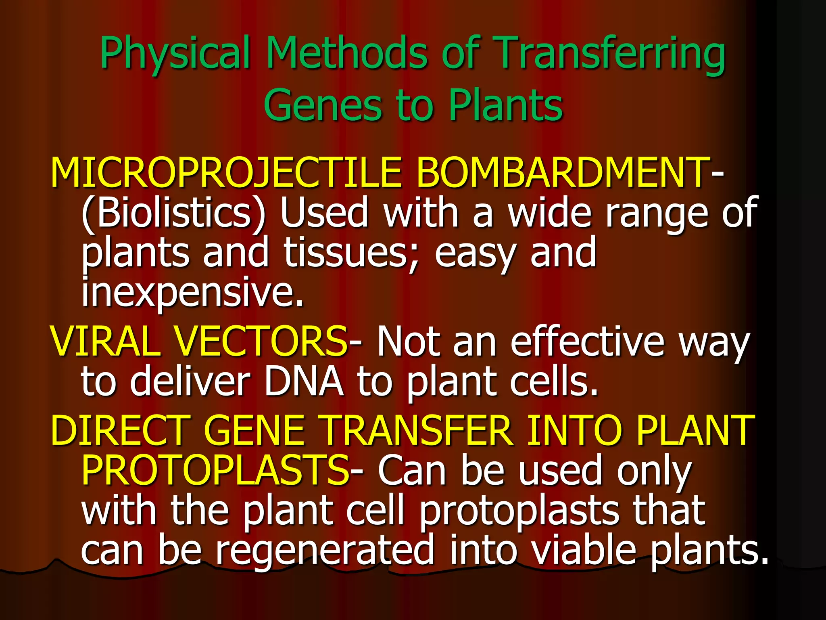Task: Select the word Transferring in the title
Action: point(609,54)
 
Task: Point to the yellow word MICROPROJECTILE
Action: point(226,172)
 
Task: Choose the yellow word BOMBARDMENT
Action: point(563,172)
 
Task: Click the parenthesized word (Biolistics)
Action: point(173,213)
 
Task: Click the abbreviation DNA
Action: point(303,381)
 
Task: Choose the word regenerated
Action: point(325,550)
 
